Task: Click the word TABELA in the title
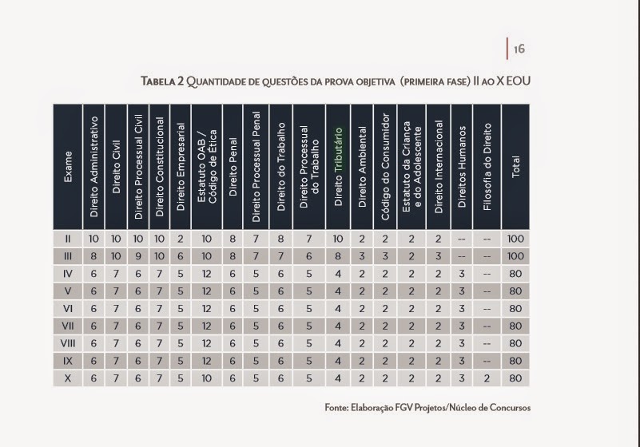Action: pos(161,81)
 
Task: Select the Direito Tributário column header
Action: pos(338,167)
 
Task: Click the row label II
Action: pos(69,239)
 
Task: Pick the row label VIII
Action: pos(69,343)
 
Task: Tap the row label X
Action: pos(69,378)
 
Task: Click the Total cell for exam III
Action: pos(515,256)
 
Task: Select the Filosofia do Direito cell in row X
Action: pos(487,378)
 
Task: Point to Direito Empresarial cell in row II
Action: pos(181,239)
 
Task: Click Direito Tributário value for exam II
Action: pos(338,239)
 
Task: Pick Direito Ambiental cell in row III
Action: pos(362,256)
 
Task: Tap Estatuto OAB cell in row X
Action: pos(206,378)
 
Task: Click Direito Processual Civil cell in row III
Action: pos(138,256)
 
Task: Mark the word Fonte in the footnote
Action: pos(336,408)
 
